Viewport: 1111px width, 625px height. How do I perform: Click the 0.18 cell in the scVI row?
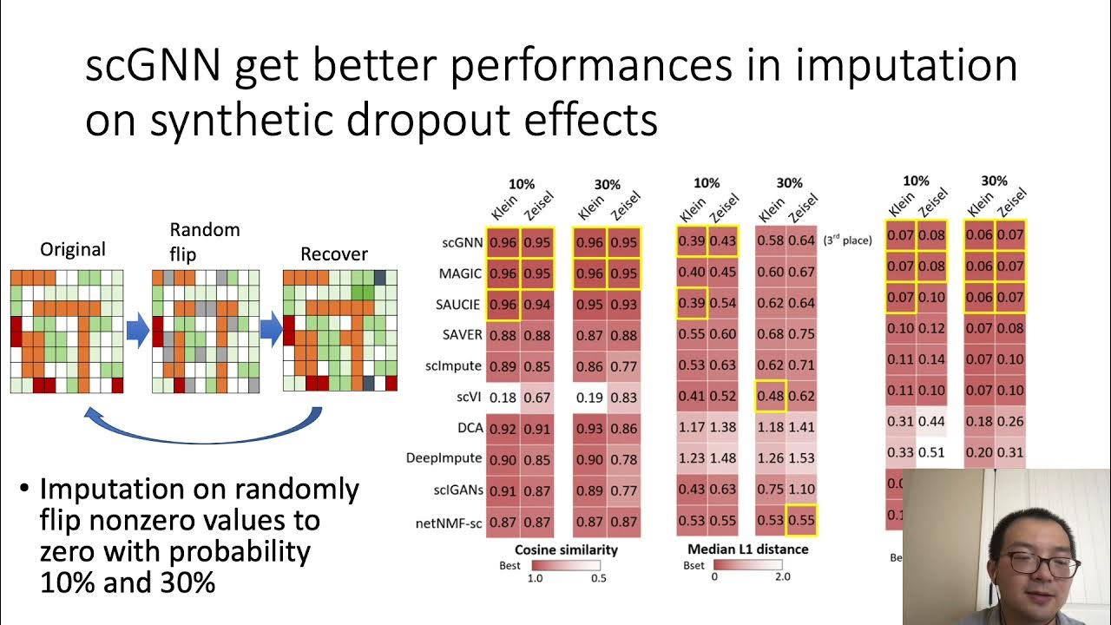(x=503, y=398)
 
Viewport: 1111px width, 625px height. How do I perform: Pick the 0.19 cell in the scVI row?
(x=589, y=398)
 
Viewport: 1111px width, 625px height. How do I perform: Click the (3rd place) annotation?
(x=847, y=240)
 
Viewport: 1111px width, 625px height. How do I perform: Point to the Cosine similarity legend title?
(x=566, y=549)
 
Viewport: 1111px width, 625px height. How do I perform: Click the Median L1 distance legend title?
(x=747, y=549)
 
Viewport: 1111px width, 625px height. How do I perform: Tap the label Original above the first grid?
(x=73, y=250)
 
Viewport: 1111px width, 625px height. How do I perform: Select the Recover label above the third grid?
(x=334, y=254)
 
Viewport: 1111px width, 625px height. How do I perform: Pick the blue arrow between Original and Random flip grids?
(x=138, y=332)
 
